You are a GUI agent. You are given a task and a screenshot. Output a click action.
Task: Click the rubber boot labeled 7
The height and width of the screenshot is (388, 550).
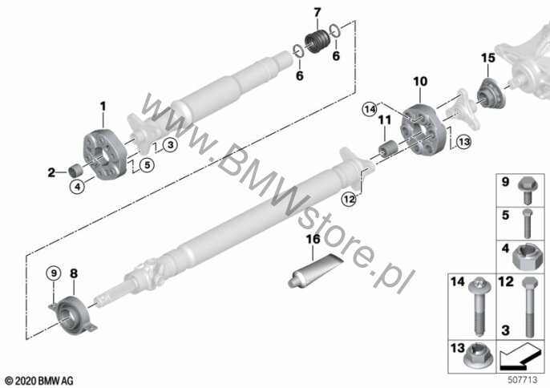pos(317,42)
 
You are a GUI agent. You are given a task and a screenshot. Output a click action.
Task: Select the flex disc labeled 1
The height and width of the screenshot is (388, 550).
pos(105,155)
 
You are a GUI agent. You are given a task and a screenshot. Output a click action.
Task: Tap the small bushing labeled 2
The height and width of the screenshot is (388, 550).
pos(75,170)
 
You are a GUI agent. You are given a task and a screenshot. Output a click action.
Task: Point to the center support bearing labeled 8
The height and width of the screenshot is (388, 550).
pos(73,315)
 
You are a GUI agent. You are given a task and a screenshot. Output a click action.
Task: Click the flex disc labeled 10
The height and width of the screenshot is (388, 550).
pos(423,130)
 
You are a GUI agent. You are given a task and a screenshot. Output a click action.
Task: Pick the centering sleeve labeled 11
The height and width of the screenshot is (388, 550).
pos(388,148)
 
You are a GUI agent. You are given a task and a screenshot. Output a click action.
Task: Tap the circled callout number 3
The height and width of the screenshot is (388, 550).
pos(170,145)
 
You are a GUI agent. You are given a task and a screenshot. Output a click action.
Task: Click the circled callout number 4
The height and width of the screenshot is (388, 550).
pos(77,186)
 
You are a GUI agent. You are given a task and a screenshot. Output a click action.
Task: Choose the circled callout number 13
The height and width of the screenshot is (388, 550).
pos(463,142)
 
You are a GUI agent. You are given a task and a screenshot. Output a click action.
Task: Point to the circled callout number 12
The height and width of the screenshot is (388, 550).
pos(349,200)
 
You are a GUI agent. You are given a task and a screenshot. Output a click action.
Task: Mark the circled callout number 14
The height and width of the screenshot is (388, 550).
pos(370,109)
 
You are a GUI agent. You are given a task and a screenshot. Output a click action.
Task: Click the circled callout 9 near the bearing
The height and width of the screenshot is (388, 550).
pos(53,273)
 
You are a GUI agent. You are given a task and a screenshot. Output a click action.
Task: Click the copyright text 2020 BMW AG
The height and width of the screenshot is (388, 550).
pos(39,381)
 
